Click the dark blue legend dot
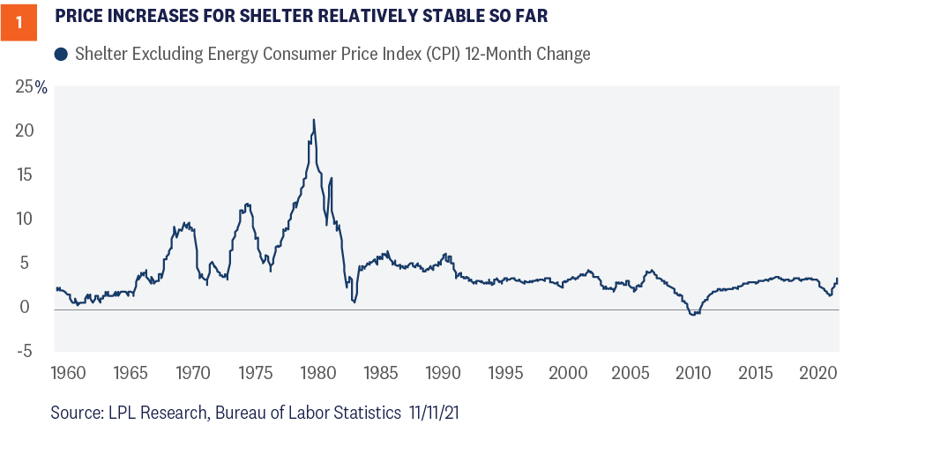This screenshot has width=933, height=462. [x=61, y=55]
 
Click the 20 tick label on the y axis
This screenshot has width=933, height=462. [x=26, y=130]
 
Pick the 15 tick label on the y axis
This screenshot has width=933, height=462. [x=26, y=175]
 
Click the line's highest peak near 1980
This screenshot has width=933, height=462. [x=314, y=120]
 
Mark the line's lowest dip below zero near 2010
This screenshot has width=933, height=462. [x=693, y=315]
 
